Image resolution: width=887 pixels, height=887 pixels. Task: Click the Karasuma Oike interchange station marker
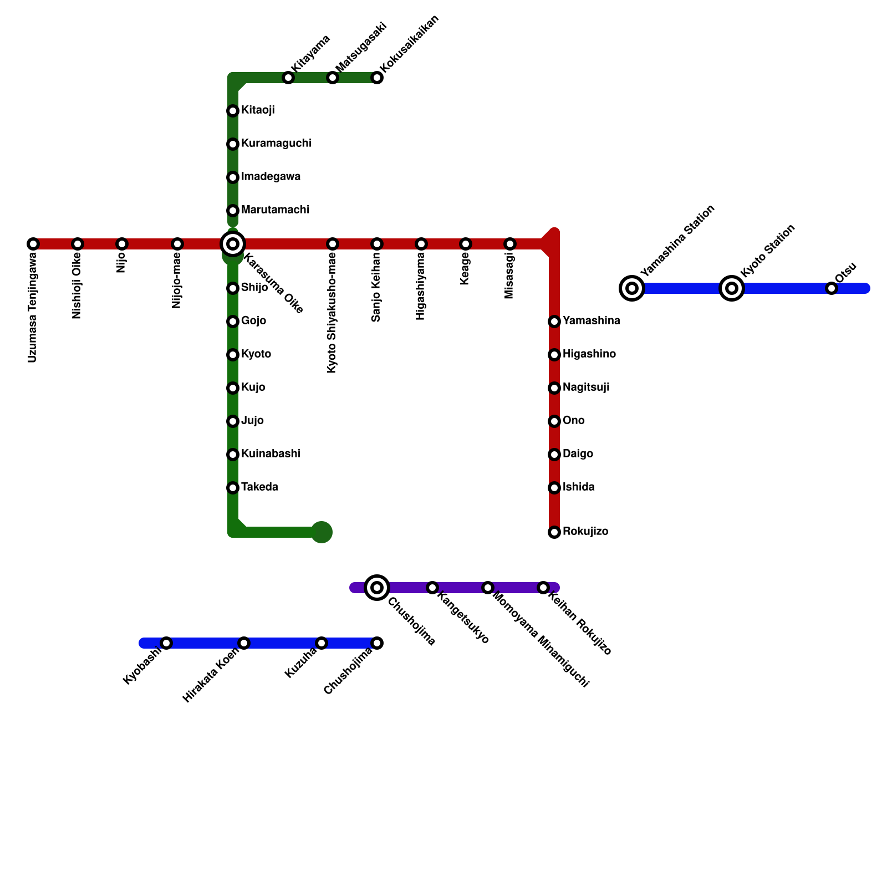[x=233, y=244]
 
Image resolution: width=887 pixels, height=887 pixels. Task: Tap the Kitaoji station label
[x=258, y=110]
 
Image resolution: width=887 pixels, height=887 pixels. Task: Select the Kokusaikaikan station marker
[x=377, y=78]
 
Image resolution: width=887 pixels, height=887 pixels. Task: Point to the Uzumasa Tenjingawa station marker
[x=33, y=244]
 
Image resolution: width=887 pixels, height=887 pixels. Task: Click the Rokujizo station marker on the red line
[x=554, y=532]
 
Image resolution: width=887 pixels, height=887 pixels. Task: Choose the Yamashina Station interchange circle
[x=632, y=288]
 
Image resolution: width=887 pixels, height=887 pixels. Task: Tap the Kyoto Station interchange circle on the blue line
[x=732, y=288]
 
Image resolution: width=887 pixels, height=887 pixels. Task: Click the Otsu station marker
[x=831, y=288]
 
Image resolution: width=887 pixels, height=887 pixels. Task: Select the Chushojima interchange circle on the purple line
[x=377, y=588]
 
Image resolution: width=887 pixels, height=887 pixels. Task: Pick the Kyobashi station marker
[x=166, y=643]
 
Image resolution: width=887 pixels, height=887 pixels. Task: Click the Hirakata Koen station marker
[x=244, y=643]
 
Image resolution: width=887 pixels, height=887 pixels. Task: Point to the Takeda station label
[x=259, y=487]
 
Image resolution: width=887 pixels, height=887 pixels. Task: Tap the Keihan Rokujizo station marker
[x=543, y=588]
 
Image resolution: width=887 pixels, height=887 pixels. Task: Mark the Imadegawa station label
[x=271, y=177]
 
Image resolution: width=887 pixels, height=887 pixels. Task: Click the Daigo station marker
[x=554, y=455]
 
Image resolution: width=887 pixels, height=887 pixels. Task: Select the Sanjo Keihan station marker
[x=377, y=244]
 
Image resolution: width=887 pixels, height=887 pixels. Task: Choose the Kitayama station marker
[x=288, y=78]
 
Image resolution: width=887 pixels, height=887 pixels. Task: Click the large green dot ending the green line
[x=322, y=532]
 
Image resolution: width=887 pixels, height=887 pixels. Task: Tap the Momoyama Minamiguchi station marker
[x=488, y=588]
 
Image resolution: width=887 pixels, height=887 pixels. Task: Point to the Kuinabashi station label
[x=271, y=454]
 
